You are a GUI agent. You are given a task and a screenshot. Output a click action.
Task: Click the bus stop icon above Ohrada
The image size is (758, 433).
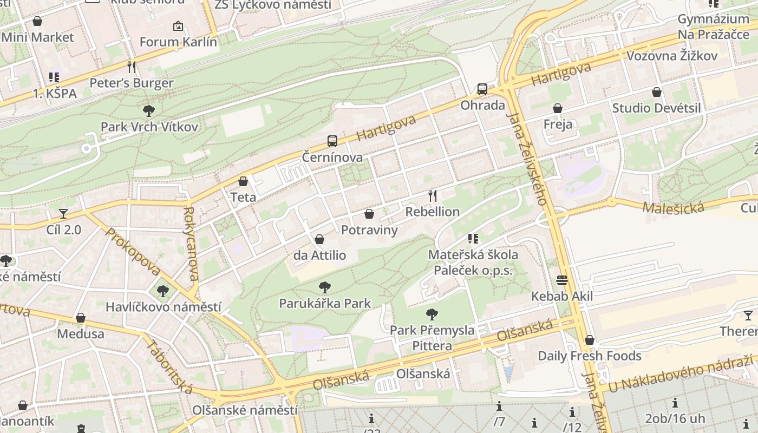pos(482,89)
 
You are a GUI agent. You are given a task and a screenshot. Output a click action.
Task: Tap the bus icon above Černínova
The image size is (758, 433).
pos(332,141)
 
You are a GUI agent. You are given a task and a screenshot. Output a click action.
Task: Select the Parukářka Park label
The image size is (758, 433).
pos(325,303)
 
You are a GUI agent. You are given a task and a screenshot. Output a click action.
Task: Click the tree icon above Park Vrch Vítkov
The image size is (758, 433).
pos(149,111)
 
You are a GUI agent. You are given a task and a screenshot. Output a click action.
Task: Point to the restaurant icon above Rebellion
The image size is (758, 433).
pos(432,196)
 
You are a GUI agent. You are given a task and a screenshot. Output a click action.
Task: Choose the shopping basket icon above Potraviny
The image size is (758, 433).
pos(369,214)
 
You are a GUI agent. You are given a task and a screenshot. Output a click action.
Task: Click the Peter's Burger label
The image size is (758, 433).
pos(132,83)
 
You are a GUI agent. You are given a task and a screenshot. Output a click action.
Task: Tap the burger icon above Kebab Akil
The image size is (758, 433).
pos(561,280)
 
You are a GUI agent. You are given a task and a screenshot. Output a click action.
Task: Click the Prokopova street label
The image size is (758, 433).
pos(133,252)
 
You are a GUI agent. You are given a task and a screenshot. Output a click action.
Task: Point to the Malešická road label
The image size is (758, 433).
pos(673,207)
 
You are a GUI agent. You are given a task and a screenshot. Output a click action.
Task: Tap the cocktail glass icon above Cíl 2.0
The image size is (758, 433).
pos(63,214)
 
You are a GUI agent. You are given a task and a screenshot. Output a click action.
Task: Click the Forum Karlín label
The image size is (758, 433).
pos(178,42)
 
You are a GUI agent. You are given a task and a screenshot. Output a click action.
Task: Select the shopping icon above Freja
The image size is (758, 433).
pos(558,109)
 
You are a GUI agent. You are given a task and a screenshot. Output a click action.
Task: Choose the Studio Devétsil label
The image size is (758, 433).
pos(656,108)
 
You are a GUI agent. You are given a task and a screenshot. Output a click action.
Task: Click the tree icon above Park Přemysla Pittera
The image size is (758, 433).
pos(432,313)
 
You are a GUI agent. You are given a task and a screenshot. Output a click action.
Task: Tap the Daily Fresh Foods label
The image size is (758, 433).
pos(590,356)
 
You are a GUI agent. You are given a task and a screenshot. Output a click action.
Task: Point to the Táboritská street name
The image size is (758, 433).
pos(169,366)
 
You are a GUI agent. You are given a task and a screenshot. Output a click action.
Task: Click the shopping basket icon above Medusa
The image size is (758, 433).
pos(81,318)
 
